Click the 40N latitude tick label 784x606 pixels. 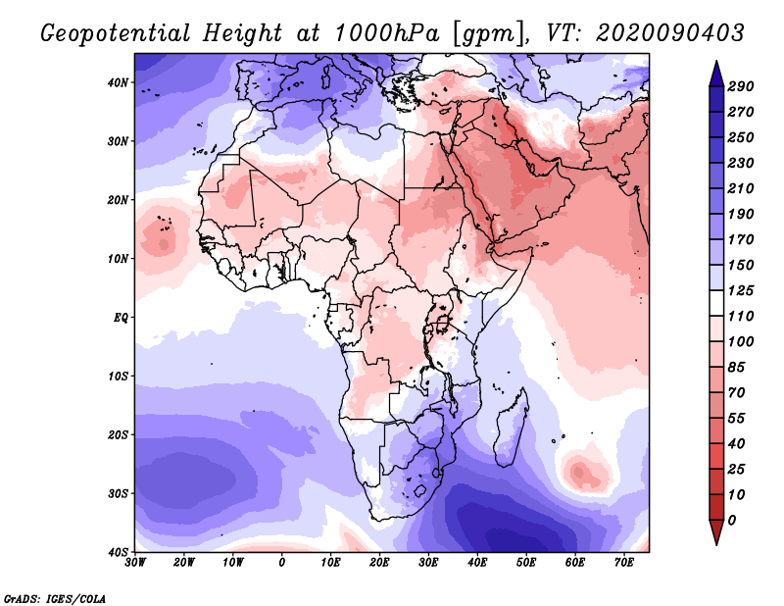[118, 82]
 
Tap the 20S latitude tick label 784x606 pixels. [118, 434]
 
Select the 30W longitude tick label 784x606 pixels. [135, 562]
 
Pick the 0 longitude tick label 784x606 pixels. [282, 562]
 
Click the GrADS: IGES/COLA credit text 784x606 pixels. [55, 597]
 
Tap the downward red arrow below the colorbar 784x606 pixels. [716, 533]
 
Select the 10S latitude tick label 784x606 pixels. [118, 377]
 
